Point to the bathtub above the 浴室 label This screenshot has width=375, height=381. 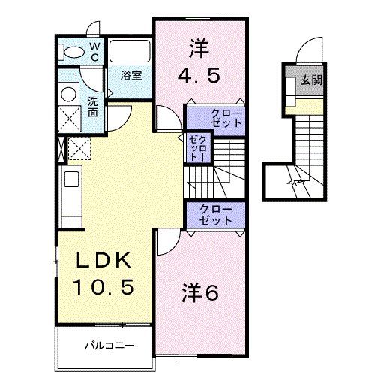pos(130,53)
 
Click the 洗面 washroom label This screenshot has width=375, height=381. pos(92,107)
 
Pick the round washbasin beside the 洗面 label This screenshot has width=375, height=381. pos(69,93)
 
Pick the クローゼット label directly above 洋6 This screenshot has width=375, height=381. pos(216,214)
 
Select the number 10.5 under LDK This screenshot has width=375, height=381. pos(105,288)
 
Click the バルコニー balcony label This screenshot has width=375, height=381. pos(109,346)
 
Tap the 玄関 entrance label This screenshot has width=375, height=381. pos(312,80)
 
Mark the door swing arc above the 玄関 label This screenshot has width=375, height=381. pos(307,50)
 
